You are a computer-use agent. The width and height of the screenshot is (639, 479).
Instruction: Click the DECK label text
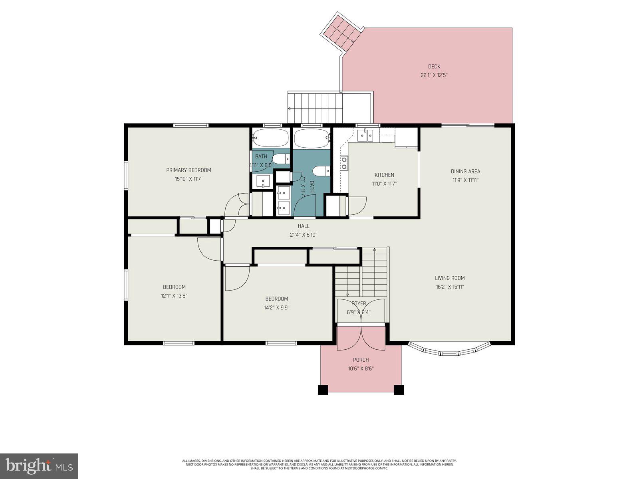pyautogui.click(x=434, y=67)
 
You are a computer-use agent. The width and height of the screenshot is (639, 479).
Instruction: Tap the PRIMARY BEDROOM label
pyautogui.click(x=189, y=170)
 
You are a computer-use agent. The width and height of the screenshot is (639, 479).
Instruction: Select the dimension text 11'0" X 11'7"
pyautogui.click(x=384, y=184)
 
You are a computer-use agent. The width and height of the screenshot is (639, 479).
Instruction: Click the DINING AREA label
pyautogui.click(x=465, y=171)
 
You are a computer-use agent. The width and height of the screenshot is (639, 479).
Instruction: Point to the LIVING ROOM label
pyautogui.click(x=450, y=278)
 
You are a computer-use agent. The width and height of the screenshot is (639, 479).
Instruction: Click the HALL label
pyautogui.click(x=304, y=226)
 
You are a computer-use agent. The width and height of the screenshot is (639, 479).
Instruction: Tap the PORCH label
pyautogui.click(x=361, y=360)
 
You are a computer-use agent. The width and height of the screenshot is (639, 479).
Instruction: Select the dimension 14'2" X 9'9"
pyautogui.click(x=276, y=308)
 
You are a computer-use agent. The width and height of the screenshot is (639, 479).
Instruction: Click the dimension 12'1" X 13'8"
pyautogui.click(x=174, y=296)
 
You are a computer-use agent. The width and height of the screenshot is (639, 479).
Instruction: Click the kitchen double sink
pyautogui.click(x=366, y=136)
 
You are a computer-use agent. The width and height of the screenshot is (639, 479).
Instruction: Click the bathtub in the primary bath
pyautogui.click(x=270, y=139)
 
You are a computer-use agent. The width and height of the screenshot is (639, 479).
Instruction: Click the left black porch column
pyautogui.click(x=323, y=390)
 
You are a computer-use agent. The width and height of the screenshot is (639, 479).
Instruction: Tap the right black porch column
pyautogui.click(x=399, y=390)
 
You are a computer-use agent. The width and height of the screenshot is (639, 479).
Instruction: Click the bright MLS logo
pyautogui.click(x=39, y=466)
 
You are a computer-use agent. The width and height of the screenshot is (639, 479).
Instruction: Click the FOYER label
pyautogui.click(x=358, y=303)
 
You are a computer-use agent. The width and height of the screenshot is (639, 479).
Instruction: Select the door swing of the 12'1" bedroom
pyautogui.click(x=209, y=249)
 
